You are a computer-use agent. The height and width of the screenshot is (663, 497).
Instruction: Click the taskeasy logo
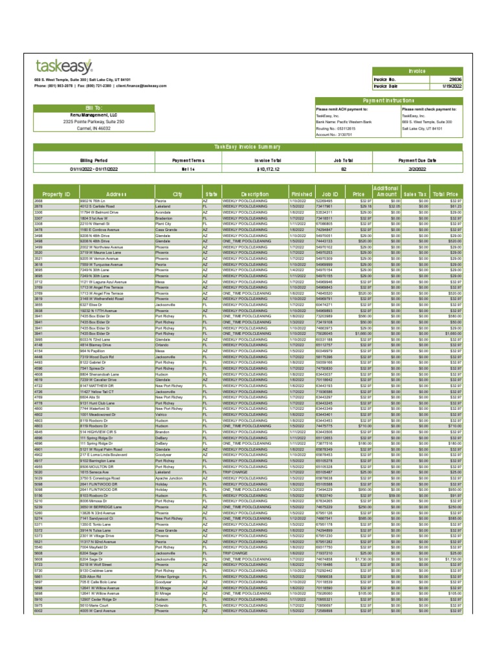click(x=64, y=65)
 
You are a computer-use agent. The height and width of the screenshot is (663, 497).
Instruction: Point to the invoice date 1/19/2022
click(x=453, y=85)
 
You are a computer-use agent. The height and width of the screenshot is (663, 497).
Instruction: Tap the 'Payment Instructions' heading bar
click(x=388, y=101)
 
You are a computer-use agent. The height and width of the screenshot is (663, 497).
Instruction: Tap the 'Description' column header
click(x=254, y=194)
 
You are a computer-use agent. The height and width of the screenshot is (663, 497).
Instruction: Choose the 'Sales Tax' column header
click(x=414, y=194)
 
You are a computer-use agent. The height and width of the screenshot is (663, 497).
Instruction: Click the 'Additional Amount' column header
click(x=386, y=191)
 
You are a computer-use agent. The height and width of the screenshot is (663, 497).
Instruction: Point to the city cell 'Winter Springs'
click(x=168, y=575)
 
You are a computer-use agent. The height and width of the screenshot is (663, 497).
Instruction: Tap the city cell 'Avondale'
click(x=163, y=212)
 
